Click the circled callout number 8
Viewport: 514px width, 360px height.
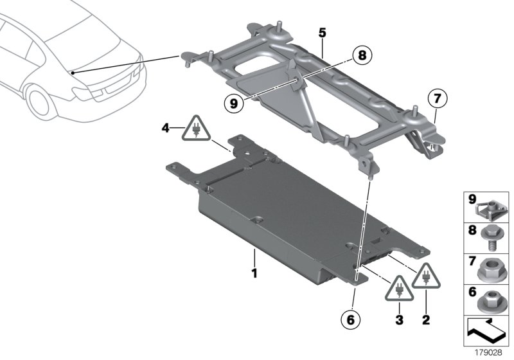click(x=362, y=55)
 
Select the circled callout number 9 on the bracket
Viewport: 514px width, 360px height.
click(x=233, y=104)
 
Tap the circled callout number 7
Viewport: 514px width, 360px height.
click(x=438, y=98)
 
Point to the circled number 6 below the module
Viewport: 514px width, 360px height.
click(x=351, y=319)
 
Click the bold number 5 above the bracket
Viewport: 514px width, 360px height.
click(x=323, y=33)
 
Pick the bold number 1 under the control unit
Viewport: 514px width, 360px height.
click(x=254, y=273)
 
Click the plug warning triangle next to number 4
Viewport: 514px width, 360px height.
click(x=197, y=128)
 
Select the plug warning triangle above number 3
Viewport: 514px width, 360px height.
click(x=399, y=288)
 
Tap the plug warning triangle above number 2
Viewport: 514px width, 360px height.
click(x=426, y=276)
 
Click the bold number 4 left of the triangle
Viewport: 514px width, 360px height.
click(x=166, y=128)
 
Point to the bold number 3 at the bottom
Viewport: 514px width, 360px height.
click(x=399, y=319)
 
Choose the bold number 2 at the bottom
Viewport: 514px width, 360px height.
click(x=426, y=319)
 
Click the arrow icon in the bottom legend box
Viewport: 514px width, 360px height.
click(x=484, y=331)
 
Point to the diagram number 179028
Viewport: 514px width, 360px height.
click(x=488, y=353)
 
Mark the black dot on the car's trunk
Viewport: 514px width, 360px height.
click(x=73, y=73)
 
